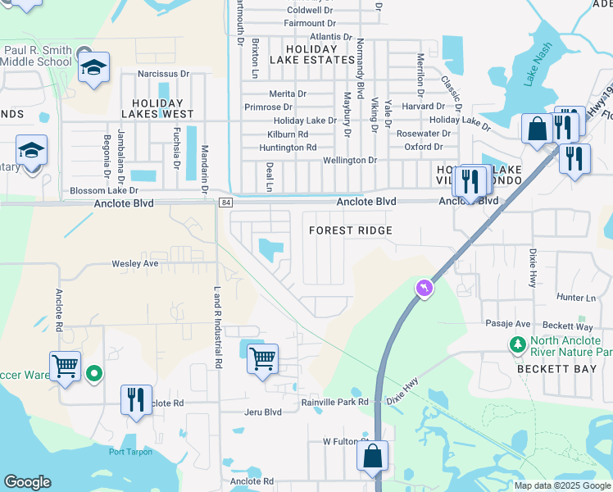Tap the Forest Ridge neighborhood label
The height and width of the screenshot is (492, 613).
tap(351, 230)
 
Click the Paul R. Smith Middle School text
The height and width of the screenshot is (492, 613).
tap(38, 56)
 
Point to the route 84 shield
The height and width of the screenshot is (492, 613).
tap(226, 203)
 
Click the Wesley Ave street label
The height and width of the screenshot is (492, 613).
tap(135, 264)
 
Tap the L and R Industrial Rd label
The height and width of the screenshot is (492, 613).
tap(218, 326)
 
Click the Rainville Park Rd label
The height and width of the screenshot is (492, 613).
tap(335, 402)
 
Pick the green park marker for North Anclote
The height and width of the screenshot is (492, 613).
tap(517, 345)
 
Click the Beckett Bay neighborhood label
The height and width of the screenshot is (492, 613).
tap(549, 369)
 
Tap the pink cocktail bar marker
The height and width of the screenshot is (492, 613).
tap(424, 288)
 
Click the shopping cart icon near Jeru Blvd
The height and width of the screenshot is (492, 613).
tap(262, 358)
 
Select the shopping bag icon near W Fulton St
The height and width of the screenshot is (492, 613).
tap(372, 456)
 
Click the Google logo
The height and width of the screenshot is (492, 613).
tap(27, 482)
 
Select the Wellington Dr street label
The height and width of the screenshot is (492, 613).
tap(350, 161)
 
